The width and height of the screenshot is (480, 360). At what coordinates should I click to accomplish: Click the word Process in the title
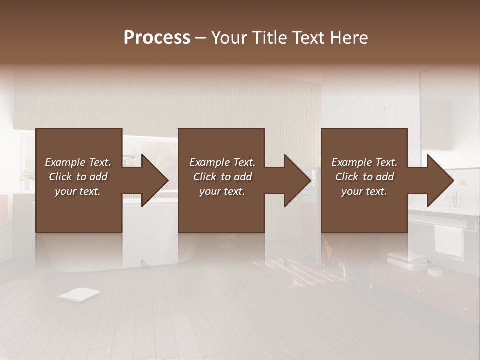click(x=157, y=38)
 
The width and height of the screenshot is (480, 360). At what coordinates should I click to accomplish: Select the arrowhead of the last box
click(x=439, y=180)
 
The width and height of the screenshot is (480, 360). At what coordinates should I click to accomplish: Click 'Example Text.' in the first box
click(x=78, y=162)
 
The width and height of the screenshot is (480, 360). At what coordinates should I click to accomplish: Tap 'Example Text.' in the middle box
click(x=222, y=162)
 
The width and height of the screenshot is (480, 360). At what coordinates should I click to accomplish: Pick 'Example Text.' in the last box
click(x=364, y=162)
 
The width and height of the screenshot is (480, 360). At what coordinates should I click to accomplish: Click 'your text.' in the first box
click(x=78, y=191)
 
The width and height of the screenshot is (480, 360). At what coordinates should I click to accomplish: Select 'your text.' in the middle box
click(x=222, y=191)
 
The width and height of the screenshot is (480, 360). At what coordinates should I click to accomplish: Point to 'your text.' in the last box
click(x=364, y=191)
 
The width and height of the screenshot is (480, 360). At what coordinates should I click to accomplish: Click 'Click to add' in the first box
click(x=78, y=177)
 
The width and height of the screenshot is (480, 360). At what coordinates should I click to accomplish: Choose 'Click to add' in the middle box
click(x=222, y=177)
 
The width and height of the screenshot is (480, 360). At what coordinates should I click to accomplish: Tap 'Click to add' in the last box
click(x=364, y=177)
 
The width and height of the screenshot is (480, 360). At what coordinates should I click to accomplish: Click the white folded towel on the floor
click(x=78, y=295)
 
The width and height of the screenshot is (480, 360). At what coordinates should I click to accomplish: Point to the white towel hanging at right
click(x=448, y=240)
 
